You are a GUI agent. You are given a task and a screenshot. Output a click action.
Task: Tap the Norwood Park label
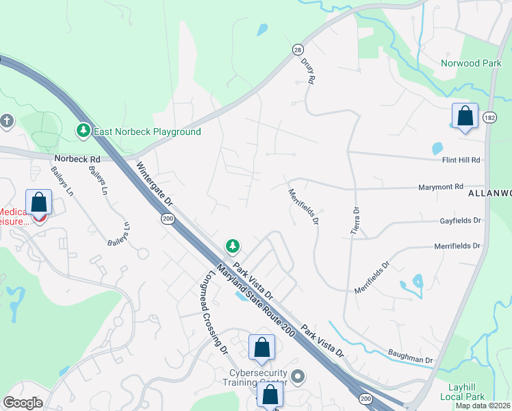point(471,63)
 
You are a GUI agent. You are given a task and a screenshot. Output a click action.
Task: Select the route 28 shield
point(297,49)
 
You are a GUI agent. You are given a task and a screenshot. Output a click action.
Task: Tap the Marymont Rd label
point(441,186)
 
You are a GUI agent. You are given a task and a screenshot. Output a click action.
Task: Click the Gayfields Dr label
point(459,221)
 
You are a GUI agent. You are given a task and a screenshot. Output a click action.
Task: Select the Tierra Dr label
point(355,221)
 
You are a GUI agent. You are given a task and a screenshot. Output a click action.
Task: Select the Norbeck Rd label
point(77,159)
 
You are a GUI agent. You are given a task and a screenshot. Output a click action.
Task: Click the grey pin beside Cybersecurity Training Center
point(297,376)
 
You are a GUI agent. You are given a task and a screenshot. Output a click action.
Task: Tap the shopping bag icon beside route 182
point(465,116)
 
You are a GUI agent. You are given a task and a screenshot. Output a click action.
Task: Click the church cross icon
point(7,121)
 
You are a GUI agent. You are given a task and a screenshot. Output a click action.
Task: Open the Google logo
point(23,403)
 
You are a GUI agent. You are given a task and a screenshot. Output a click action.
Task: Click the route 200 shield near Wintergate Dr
point(168,219)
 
